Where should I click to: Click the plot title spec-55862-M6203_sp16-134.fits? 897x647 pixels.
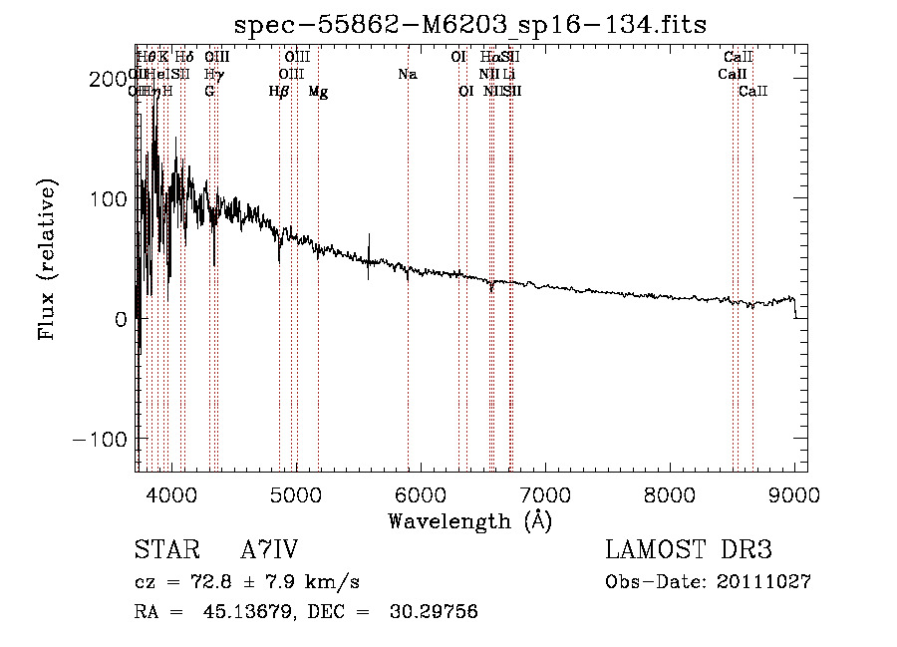click(x=469, y=23)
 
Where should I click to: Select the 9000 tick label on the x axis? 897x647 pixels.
click(x=794, y=494)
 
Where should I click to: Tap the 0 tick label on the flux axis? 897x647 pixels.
click(x=120, y=319)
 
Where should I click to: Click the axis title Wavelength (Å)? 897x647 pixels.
click(x=469, y=520)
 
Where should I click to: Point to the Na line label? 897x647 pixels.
click(x=407, y=75)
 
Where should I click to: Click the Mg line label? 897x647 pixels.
click(x=318, y=92)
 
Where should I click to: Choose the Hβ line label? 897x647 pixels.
click(x=279, y=92)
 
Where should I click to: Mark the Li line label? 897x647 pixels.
click(x=508, y=75)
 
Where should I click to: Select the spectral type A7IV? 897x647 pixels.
click(x=269, y=550)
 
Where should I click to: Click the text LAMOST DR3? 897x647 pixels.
click(x=688, y=550)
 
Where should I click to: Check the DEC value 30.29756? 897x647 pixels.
click(x=436, y=612)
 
